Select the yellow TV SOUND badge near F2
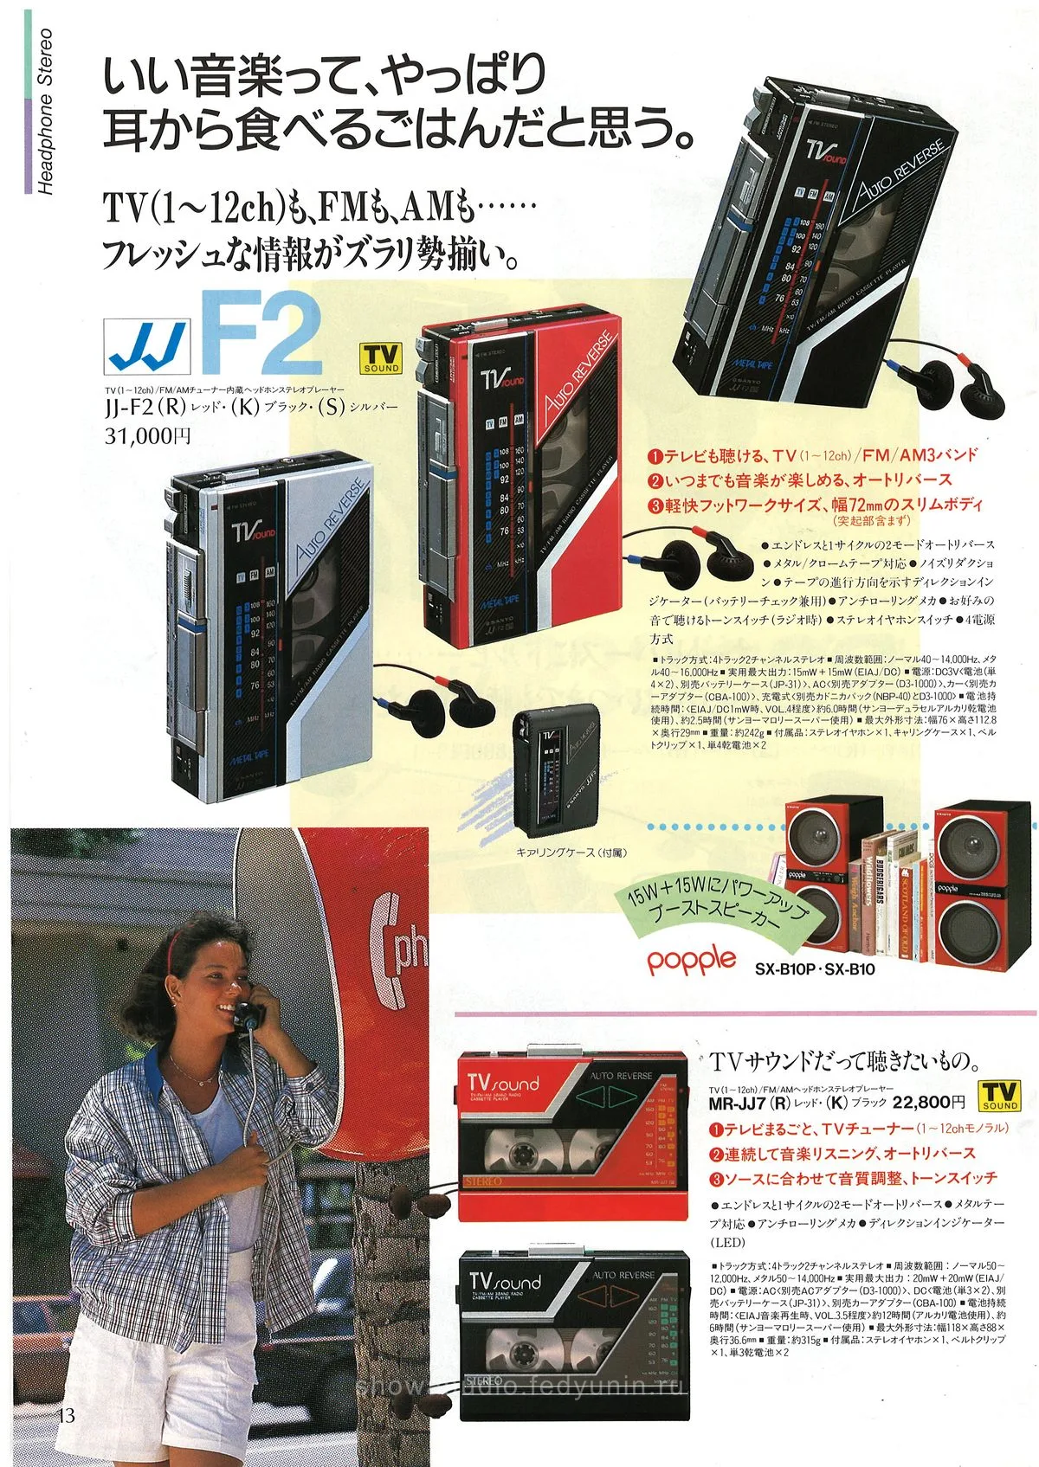point(382,358)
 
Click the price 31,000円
point(147,436)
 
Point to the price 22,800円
point(928,1102)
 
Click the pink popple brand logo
point(692,959)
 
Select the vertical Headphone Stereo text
point(45,112)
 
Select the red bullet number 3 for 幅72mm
point(656,505)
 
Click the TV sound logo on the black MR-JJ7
point(505,1281)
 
